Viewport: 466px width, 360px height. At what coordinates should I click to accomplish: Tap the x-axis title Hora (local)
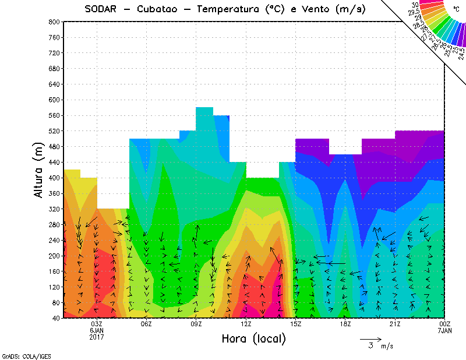click(253, 338)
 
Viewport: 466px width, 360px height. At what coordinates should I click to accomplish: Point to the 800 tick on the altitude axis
click(54, 22)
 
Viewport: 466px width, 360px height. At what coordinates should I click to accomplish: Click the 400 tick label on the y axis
click(54, 178)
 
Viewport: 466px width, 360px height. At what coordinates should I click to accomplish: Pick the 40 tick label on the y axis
click(55, 318)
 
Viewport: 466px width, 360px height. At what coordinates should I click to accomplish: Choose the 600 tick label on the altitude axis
click(54, 100)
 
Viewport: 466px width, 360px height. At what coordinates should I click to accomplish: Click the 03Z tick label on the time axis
click(97, 324)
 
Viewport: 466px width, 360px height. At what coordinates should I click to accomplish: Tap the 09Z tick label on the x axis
click(196, 324)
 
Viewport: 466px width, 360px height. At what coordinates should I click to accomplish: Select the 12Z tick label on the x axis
click(246, 324)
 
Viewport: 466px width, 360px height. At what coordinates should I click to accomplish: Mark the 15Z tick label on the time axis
click(296, 324)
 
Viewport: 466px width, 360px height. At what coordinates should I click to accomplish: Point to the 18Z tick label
click(345, 324)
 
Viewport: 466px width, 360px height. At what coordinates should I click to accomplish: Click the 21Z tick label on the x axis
click(395, 324)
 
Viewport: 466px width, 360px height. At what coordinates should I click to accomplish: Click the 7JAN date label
click(444, 330)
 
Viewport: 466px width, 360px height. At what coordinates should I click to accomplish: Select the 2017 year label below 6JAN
click(97, 337)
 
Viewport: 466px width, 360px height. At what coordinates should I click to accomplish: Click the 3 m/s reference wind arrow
click(370, 338)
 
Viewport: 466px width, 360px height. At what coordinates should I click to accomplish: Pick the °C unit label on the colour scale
click(456, 8)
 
